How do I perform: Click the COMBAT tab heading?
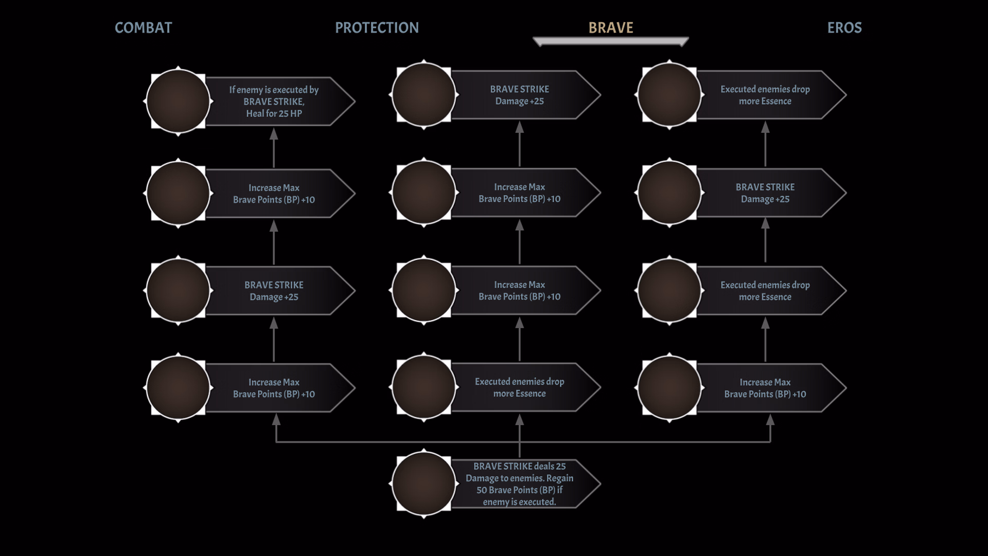[143, 28]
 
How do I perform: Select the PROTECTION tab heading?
[377, 28]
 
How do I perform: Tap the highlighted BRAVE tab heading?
[610, 28]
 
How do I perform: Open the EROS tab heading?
[844, 28]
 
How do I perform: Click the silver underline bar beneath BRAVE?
[610, 41]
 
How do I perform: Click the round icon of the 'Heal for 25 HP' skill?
[178, 101]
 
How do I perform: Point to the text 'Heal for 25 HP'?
[274, 114]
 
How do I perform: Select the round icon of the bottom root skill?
[424, 484]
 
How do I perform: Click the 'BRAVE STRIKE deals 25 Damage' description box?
[520, 484]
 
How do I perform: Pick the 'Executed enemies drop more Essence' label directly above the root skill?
[520, 388]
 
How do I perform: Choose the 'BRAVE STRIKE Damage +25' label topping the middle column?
[520, 95]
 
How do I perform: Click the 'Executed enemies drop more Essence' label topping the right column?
[765, 95]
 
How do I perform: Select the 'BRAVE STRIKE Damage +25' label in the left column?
[274, 291]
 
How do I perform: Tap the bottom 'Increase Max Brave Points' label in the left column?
[274, 388]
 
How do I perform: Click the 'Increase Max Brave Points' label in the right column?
[765, 388]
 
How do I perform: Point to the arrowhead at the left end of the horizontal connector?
[276, 420]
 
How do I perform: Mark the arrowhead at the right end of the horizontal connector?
[770, 420]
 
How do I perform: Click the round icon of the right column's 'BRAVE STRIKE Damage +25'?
[669, 193]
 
